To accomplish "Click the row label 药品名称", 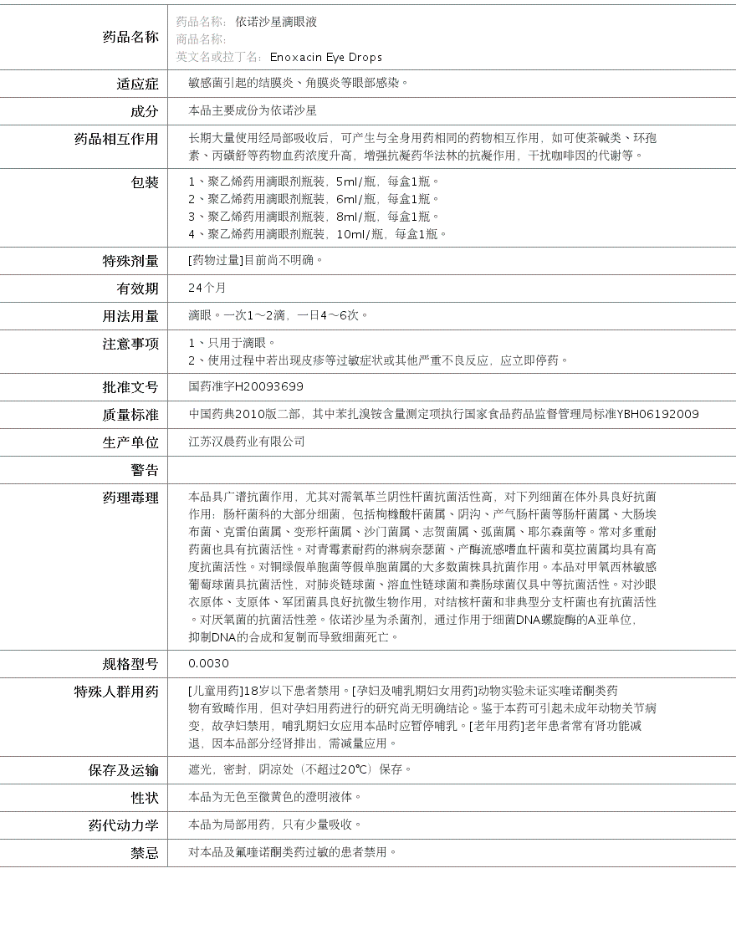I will (130, 37).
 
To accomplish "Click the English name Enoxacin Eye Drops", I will (325, 57).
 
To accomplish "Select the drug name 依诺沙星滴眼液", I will (276, 22).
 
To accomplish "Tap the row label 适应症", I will (137, 84).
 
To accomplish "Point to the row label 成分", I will (144, 111).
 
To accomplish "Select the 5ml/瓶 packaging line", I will (314, 181).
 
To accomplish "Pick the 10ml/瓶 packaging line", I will (318, 234).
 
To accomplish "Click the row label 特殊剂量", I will (130, 261).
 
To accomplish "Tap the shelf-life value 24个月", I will (207, 288).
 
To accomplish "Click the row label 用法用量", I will (130, 316).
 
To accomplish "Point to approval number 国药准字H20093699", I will (246, 386).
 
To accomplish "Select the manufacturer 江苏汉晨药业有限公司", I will (247, 442).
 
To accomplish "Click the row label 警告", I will (144, 470).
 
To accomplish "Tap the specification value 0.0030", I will (208, 663).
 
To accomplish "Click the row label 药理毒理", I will (130, 498).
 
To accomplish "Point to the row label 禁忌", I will (144, 853).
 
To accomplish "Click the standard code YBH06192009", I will (657, 414).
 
